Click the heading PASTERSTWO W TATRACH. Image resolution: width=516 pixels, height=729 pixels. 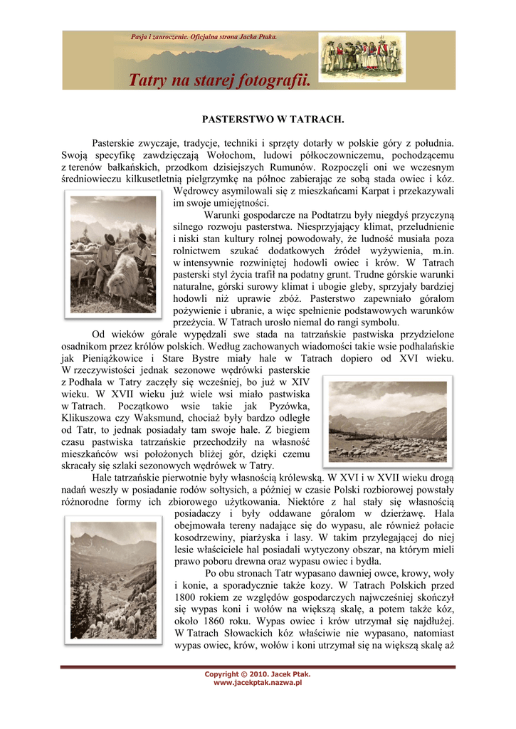pos(263,118)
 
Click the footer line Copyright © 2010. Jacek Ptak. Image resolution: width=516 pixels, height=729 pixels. pos(258,674)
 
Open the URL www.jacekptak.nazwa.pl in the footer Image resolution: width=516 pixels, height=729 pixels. pos(258,682)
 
